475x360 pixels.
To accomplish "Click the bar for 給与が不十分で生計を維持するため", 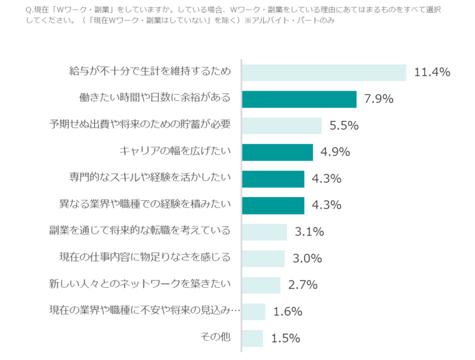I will (324, 73).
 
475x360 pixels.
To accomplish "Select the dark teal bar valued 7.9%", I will (299, 99).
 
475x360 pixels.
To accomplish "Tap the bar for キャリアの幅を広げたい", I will (277, 152).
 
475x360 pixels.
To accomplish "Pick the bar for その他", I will (252, 338).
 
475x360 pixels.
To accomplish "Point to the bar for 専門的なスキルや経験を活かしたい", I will (273, 179).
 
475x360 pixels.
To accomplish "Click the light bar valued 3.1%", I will (264, 231).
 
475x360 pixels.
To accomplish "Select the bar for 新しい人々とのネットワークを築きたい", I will (261, 285).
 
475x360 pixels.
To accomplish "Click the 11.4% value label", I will (432, 72).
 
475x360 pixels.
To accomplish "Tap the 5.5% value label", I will (344, 125).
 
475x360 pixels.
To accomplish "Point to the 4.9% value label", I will (335, 152).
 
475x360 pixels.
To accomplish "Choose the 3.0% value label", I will (307, 258).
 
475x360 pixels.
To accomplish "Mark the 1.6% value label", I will (288, 312).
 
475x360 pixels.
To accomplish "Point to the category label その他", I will (215, 337).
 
